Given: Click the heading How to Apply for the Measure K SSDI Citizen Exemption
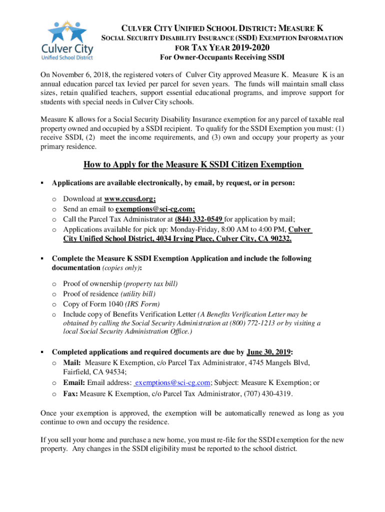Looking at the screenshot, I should (192, 164).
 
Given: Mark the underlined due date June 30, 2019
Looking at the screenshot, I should (269, 351).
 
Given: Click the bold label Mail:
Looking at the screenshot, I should (73, 362).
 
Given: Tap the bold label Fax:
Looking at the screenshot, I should (70, 393).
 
